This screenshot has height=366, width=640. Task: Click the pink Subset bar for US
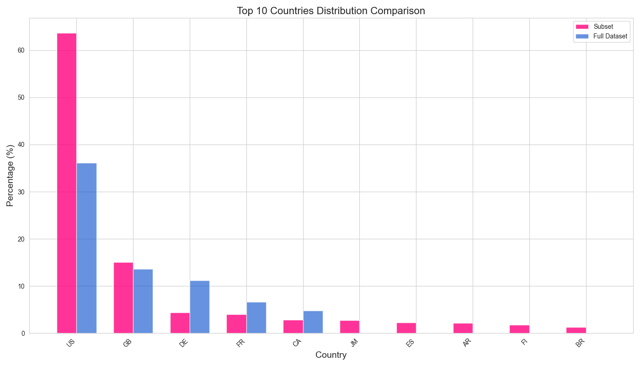pos(67,183)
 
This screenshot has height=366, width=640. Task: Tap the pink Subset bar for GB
pos(123,298)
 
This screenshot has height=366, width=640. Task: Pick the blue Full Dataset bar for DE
pos(200,307)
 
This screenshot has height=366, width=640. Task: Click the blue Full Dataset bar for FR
pos(256,318)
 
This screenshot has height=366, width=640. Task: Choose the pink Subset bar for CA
pos(293,327)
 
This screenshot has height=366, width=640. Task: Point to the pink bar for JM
pos(350,327)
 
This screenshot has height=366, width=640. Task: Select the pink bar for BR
pos(576,330)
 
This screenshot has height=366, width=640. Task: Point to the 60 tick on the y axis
pos(21,50)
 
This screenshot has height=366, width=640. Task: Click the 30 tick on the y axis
pos(21,192)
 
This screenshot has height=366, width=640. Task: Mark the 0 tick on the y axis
pos(23,334)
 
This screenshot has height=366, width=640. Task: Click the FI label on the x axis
pos(524,342)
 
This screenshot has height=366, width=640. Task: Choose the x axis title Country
pos(331,355)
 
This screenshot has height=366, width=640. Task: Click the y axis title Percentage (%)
pos(11,176)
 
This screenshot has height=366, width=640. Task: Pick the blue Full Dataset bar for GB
pos(143,301)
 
